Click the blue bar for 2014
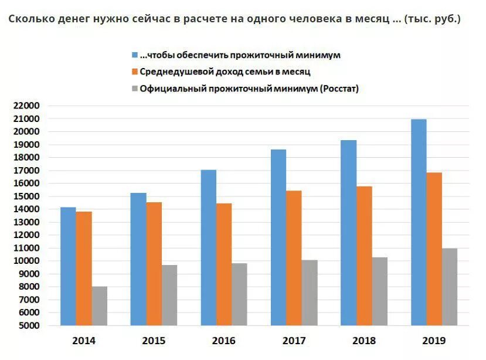68,266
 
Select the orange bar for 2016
224,264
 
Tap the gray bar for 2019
450,287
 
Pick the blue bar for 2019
419,222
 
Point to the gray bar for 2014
100,305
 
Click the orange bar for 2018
364,256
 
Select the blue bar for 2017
278,237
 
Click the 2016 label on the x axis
224,341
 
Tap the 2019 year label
434,341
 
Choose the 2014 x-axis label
84,341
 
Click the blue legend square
135,55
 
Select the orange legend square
135,72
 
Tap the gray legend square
135,89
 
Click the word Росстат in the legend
338,89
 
